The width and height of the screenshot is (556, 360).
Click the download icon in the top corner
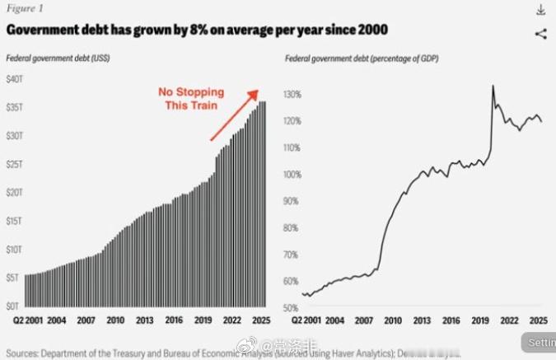click(540, 9)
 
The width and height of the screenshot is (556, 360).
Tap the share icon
click(540, 34)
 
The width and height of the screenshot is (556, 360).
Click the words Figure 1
click(25, 9)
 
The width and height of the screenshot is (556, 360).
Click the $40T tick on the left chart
click(16, 79)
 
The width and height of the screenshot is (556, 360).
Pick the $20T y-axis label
click(16, 192)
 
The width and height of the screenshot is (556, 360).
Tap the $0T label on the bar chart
click(14, 306)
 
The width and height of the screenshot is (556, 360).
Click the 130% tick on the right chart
click(293, 95)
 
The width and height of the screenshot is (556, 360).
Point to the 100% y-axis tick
click(293, 175)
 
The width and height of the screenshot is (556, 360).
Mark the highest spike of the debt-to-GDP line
click(493, 86)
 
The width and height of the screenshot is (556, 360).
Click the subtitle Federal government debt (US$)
click(58, 58)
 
